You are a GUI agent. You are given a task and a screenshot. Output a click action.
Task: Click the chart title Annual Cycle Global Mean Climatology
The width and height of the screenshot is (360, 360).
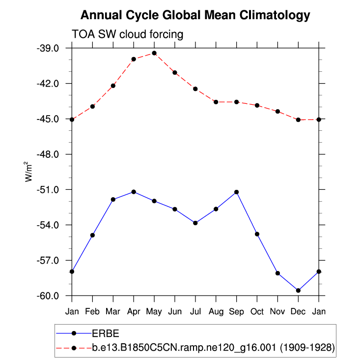click(x=195, y=15)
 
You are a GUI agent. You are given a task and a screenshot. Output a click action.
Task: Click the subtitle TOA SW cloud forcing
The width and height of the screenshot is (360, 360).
click(x=127, y=34)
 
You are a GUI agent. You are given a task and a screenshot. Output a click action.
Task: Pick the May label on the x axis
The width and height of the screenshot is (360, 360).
click(x=154, y=311)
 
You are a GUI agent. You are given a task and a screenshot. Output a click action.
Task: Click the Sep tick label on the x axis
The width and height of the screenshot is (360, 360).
click(x=237, y=311)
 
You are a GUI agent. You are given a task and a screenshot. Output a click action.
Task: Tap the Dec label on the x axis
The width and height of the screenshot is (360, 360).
click(x=298, y=311)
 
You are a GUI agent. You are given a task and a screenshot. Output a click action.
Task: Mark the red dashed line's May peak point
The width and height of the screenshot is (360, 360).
click(x=154, y=53)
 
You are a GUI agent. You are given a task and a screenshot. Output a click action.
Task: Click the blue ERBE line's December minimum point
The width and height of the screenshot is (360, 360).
click(x=298, y=291)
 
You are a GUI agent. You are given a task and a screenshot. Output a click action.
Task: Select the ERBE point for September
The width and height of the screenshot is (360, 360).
click(x=237, y=192)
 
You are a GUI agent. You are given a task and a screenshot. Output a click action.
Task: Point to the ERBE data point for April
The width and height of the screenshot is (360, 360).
click(x=134, y=191)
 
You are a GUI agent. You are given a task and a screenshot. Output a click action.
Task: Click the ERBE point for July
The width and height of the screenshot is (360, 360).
click(x=195, y=223)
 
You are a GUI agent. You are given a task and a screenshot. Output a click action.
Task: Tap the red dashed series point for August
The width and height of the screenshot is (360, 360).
click(x=216, y=102)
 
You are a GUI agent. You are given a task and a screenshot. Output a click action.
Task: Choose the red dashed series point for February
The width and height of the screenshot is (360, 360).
click(x=92, y=107)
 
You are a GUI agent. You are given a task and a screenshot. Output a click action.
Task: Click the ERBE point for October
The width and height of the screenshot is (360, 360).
click(x=257, y=234)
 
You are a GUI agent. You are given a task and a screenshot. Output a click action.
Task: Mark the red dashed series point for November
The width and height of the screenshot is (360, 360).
click(x=278, y=112)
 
